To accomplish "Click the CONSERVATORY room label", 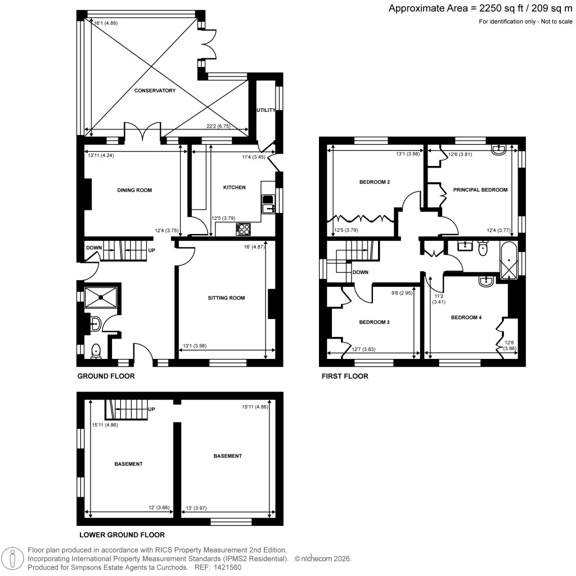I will [155, 91].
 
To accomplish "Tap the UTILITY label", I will [265, 110].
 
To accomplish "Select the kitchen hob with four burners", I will [244, 228].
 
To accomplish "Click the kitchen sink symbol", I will [268, 204].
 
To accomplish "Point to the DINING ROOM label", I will [135, 190].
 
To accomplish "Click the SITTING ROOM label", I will [226, 298].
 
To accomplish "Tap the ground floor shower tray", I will [101, 296].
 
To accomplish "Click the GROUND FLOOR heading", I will [106, 376].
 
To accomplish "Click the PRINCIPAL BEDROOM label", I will [478, 190].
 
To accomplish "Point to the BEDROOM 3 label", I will [374, 322].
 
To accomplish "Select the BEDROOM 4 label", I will [466, 317].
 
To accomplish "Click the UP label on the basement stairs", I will [151, 409].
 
